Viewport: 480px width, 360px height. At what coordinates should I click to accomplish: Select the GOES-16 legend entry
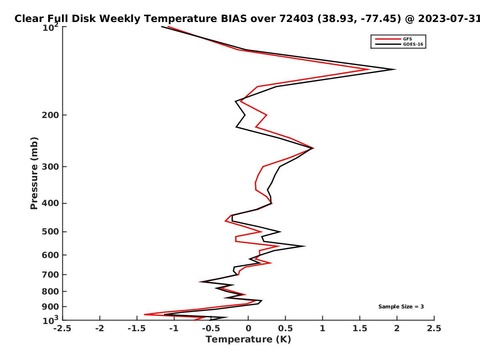coord(399,44)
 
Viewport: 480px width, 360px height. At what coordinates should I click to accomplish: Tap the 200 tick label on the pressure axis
coord(50,115)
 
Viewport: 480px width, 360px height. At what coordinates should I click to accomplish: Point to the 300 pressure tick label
coord(50,167)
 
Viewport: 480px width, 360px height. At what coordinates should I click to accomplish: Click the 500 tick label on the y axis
coord(50,232)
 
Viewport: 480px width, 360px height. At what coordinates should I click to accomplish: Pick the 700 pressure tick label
coord(50,275)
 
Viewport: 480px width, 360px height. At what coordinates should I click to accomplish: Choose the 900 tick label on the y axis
coord(50,307)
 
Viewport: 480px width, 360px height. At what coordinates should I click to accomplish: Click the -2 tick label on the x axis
coord(100,328)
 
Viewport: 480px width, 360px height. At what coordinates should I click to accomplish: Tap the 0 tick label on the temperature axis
coord(248,328)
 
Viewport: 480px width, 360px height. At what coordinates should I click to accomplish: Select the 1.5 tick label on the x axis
coord(360,328)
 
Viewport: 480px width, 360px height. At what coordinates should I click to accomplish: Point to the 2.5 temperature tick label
coord(434,328)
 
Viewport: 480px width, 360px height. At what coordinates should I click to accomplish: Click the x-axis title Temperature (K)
coord(248,340)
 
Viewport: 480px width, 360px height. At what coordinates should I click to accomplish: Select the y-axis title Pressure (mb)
coord(34,173)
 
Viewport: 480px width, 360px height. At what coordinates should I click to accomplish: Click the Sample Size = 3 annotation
coord(401,307)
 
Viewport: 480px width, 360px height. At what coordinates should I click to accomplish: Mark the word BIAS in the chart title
coord(234,19)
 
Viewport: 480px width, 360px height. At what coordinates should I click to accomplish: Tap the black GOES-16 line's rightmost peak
coord(395,70)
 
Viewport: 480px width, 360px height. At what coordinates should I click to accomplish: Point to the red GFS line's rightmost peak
coord(370,70)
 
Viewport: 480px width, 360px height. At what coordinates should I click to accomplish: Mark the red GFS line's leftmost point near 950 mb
coord(144,314)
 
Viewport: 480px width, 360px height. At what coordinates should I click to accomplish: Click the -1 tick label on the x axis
coord(174,328)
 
